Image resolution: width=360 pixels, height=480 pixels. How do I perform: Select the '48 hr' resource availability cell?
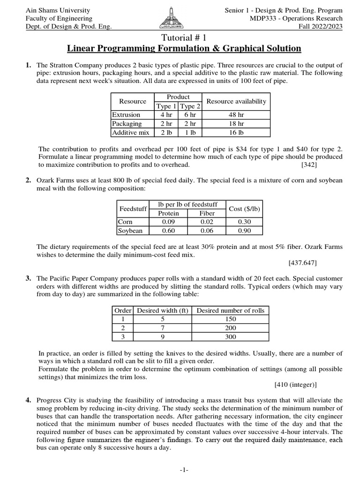click(236, 114)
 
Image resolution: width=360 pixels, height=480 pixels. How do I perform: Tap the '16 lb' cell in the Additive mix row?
click(236, 132)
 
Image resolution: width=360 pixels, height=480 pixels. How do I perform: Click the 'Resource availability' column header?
click(236, 101)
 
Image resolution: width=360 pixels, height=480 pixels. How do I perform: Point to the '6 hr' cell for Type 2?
click(190, 114)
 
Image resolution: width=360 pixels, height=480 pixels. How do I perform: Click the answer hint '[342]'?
click(309, 165)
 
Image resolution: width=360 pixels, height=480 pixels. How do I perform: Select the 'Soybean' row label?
click(130, 230)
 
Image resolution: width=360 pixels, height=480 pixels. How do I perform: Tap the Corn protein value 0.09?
click(168, 221)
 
